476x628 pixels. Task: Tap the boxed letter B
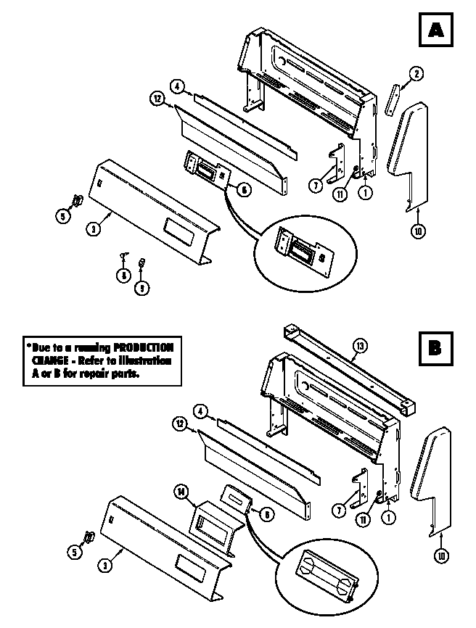(x=434, y=347)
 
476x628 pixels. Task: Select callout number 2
(x=416, y=73)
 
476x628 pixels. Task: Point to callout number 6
(x=244, y=189)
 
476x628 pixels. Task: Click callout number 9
(x=141, y=288)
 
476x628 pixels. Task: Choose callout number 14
(x=181, y=491)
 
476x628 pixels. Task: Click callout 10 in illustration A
(x=419, y=231)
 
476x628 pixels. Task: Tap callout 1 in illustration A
(x=364, y=194)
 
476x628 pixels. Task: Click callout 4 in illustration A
(x=177, y=86)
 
